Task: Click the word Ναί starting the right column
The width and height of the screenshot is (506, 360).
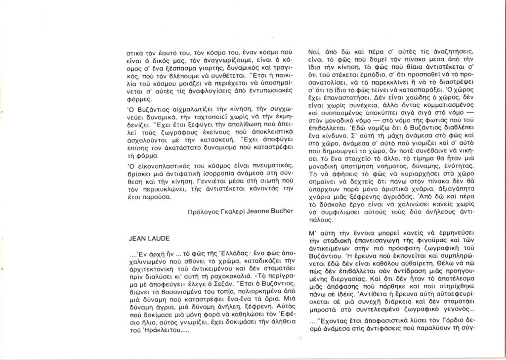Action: pyautogui.click(x=312, y=52)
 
